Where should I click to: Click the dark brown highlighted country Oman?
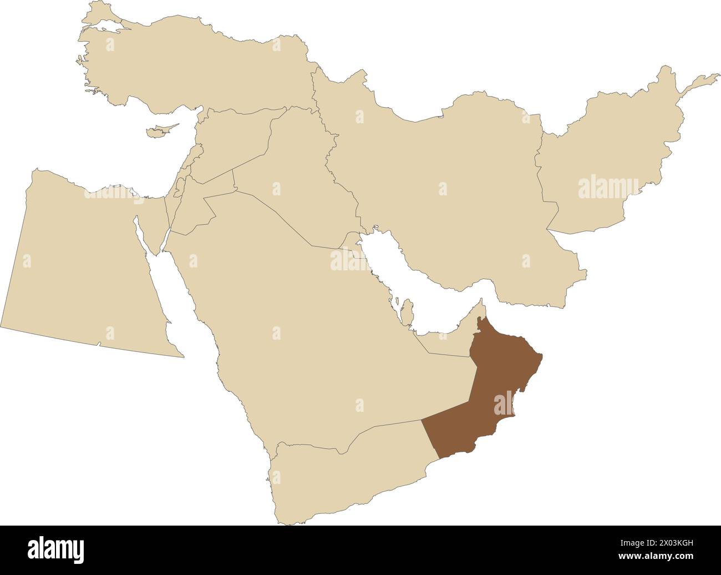click(x=488, y=389)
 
